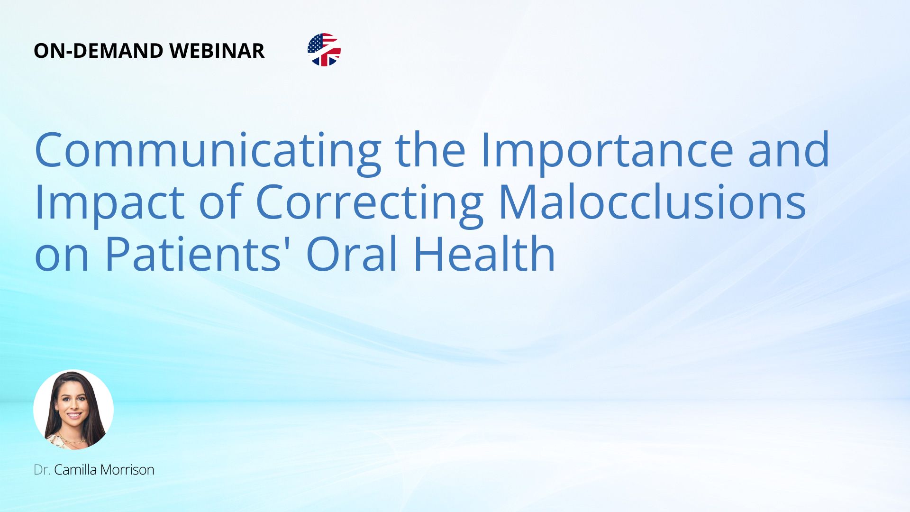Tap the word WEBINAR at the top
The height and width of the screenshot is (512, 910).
[x=217, y=51]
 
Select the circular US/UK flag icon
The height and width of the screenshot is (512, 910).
[x=324, y=50]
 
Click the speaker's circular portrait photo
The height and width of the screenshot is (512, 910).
[x=73, y=410]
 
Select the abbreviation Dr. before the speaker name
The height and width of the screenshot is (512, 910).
[x=42, y=470]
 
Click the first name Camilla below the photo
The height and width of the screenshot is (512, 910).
[x=75, y=470]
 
